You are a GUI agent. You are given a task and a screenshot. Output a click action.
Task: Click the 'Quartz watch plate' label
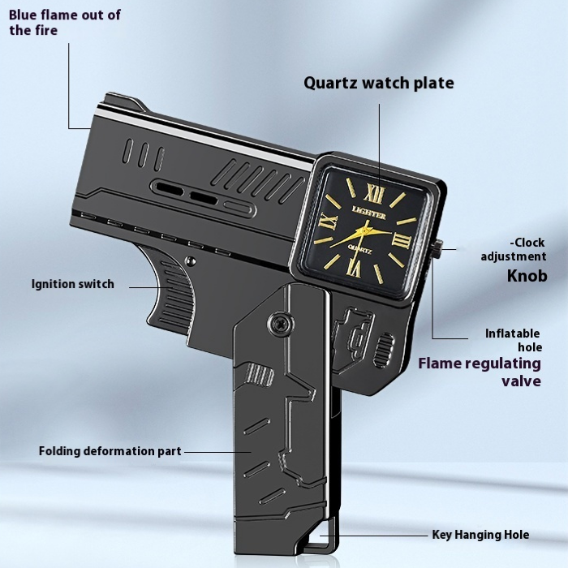click(x=378, y=83)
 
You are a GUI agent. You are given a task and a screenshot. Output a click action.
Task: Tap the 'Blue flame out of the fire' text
click(x=65, y=23)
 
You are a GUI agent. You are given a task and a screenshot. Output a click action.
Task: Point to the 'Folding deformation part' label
click(x=110, y=450)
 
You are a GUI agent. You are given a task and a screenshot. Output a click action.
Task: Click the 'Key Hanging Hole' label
click(x=480, y=535)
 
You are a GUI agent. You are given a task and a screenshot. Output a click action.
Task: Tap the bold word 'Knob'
click(x=527, y=276)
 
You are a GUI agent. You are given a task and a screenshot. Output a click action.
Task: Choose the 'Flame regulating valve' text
click(x=479, y=372)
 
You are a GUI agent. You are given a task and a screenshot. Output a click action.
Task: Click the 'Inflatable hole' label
click(x=514, y=340)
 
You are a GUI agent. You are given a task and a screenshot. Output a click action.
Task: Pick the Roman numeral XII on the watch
click(x=375, y=193)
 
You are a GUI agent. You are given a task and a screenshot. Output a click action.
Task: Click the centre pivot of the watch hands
click(x=364, y=230)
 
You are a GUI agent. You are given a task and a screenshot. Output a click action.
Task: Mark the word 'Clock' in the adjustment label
click(x=529, y=242)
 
